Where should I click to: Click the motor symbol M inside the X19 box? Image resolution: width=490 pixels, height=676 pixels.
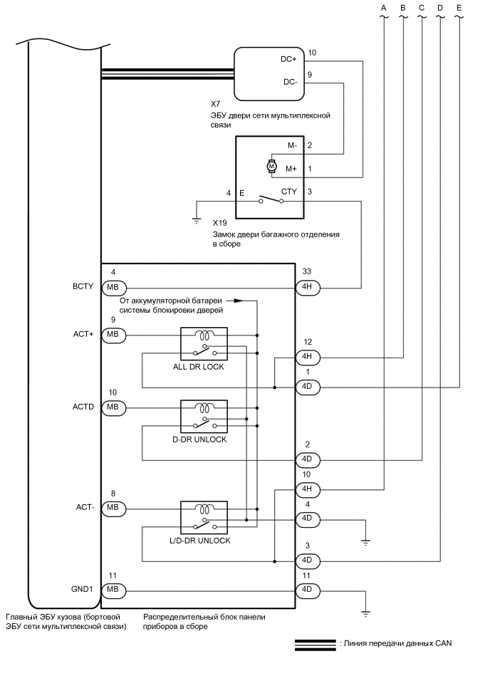tap(271, 166)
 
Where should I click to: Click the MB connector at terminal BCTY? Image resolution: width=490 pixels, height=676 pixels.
tap(113, 288)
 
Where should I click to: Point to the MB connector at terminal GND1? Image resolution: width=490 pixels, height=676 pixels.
tap(113, 590)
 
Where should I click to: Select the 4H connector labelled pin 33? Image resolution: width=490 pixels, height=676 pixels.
tap(308, 288)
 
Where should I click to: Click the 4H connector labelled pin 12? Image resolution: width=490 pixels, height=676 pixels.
tap(308, 357)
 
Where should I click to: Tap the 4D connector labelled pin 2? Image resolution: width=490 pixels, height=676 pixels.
tap(308, 459)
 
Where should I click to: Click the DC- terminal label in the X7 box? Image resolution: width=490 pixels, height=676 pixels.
tap(290, 82)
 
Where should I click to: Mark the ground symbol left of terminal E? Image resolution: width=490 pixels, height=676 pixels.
tap(197, 221)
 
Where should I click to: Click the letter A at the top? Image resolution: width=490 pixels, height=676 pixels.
tap(384, 8)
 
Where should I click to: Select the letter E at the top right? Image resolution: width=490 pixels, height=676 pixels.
tap(459, 8)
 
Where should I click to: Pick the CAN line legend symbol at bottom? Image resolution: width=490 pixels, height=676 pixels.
tap(315, 644)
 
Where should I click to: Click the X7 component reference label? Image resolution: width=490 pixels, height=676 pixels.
tap(206, 103)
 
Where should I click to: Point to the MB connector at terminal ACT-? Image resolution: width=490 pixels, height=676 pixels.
tap(113, 508)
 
